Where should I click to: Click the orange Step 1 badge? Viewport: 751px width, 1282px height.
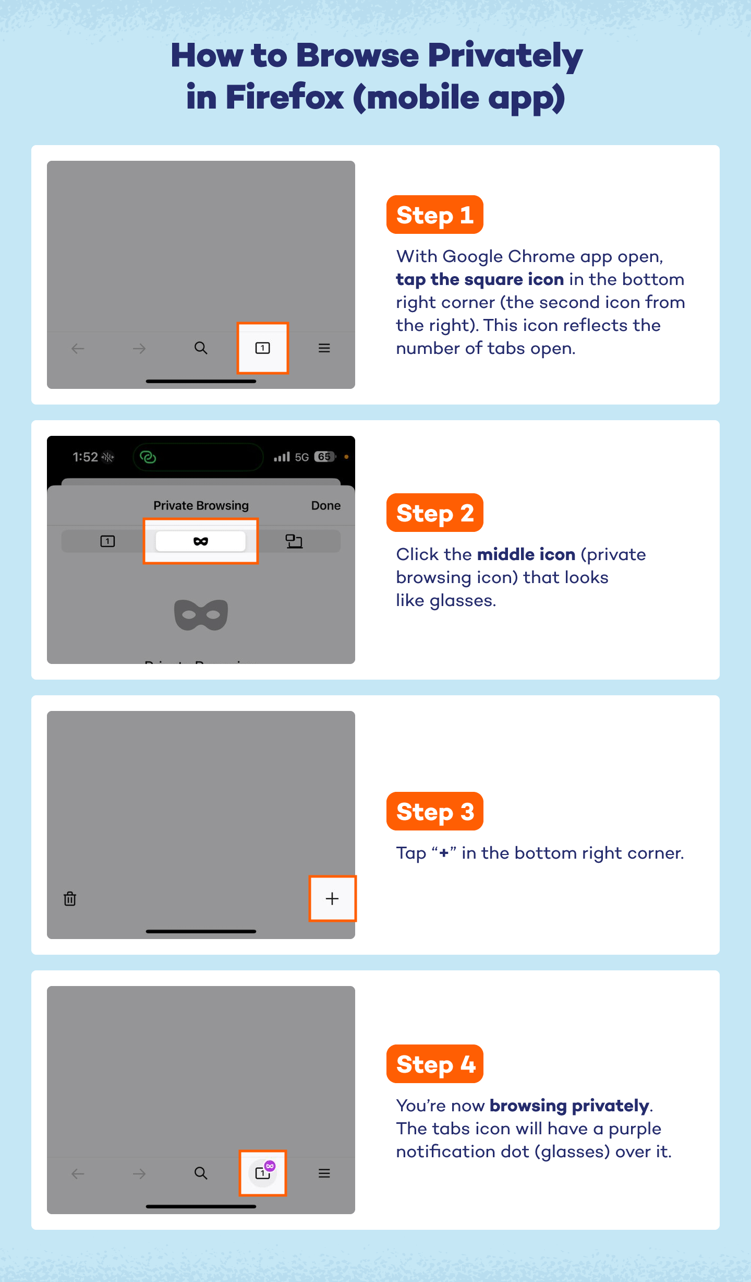click(x=434, y=215)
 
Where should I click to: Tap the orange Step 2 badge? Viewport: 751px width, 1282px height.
click(x=434, y=513)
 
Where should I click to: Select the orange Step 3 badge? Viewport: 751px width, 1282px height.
click(x=434, y=812)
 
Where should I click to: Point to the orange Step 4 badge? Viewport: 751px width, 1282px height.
click(x=434, y=1064)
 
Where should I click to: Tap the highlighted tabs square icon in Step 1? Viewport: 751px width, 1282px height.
click(x=262, y=348)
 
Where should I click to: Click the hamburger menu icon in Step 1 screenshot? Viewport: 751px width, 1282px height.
click(x=324, y=348)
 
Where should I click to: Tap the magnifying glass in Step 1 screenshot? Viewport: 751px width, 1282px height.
click(x=201, y=348)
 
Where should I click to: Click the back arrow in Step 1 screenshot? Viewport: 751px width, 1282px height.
click(x=78, y=348)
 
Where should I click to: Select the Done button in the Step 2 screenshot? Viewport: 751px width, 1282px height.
click(x=325, y=505)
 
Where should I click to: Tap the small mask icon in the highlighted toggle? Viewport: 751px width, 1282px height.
click(x=201, y=541)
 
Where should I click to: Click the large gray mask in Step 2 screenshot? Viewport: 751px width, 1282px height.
click(x=201, y=615)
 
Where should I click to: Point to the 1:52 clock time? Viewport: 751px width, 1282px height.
click(x=85, y=457)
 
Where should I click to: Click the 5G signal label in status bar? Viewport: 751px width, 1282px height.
click(x=301, y=457)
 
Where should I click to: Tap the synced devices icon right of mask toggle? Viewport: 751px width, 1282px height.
click(x=294, y=541)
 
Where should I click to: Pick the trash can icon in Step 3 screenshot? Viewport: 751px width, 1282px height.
click(x=70, y=899)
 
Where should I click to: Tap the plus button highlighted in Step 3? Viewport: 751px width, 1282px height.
click(x=332, y=899)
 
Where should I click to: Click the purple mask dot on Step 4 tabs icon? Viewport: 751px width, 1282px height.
click(x=270, y=1166)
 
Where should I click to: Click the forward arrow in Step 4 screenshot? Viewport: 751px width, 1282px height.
click(x=139, y=1174)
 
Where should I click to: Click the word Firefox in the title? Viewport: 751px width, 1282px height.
click(x=284, y=97)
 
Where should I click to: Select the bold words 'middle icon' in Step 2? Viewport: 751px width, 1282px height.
click(x=526, y=554)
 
